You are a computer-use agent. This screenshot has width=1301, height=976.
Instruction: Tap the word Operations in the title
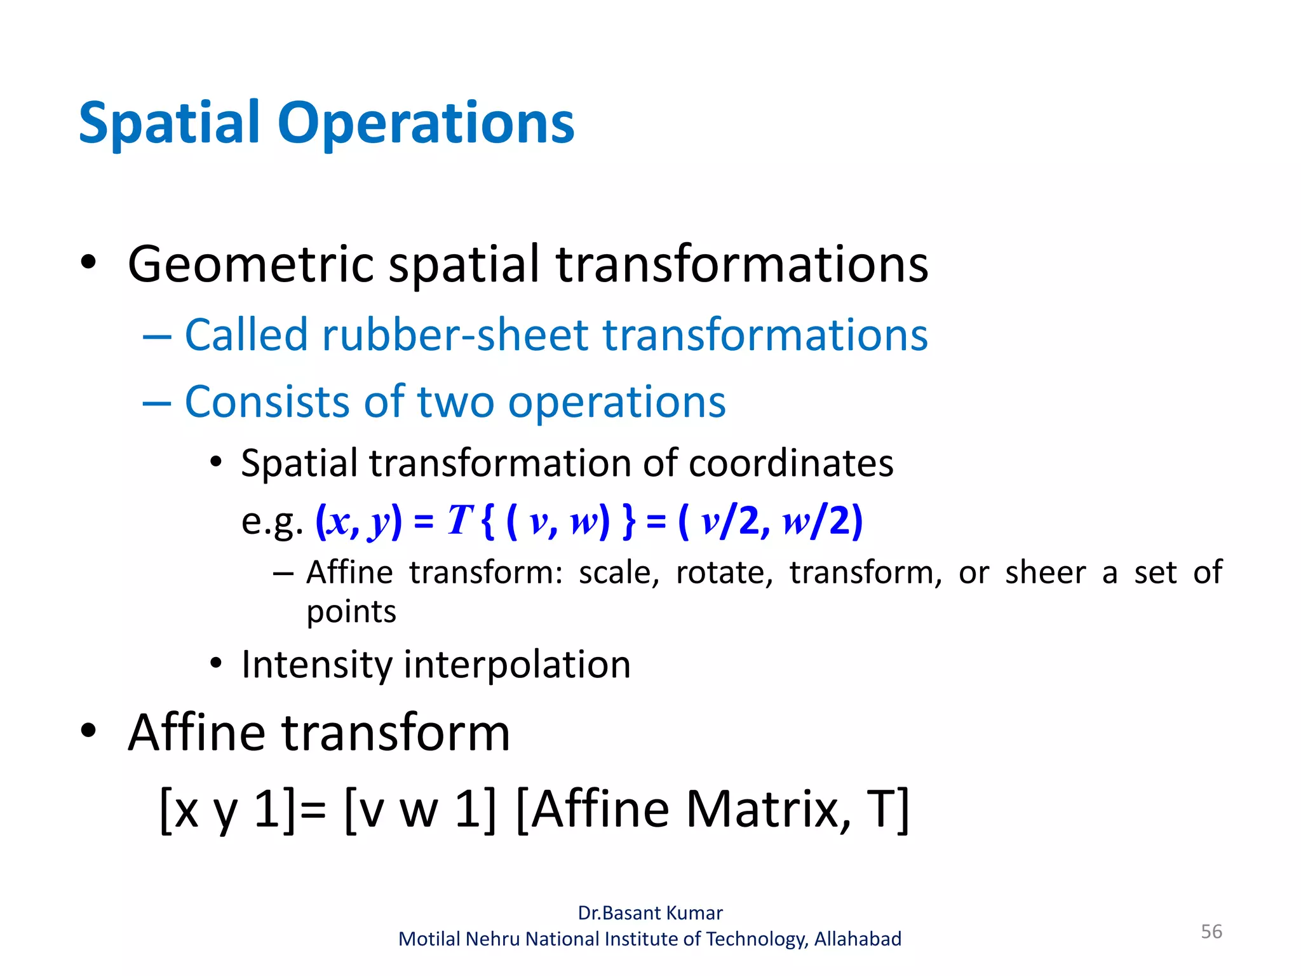[x=426, y=124]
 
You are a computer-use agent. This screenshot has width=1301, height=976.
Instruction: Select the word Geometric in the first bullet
[x=250, y=264]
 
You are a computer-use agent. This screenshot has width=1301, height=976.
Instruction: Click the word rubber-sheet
[x=457, y=335]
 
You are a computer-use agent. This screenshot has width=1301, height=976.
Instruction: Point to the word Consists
[x=267, y=402]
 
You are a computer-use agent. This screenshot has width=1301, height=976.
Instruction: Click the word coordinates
[x=791, y=463]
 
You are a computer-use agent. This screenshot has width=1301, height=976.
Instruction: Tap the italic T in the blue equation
[x=459, y=520]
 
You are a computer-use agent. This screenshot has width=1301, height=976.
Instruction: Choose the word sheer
[x=1045, y=573]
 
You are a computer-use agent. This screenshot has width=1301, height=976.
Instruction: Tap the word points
[x=351, y=612]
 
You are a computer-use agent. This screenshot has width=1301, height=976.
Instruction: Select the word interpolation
[x=517, y=665]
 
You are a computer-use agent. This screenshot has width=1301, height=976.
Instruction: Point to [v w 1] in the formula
[x=419, y=809]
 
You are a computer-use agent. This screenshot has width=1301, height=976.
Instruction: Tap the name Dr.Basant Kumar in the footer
[x=650, y=913]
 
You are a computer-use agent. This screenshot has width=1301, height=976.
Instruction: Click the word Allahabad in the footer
[x=858, y=939]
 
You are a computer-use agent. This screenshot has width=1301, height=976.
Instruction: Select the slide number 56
[x=1211, y=932]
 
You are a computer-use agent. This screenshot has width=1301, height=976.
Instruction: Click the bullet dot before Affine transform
[x=88, y=731]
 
